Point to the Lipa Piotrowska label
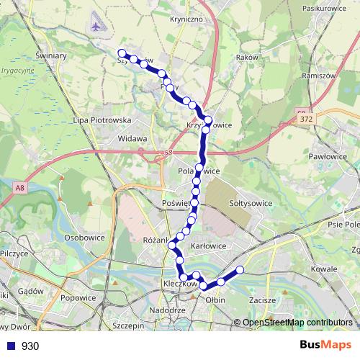click(x=101, y=120)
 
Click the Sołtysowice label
click(x=250, y=203)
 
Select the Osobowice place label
click(x=84, y=237)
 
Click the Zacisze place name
click(x=264, y=299)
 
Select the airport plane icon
click(x=97, y=27)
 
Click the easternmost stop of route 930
click(x=240, y=270)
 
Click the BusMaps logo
click(x=325, y=345)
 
